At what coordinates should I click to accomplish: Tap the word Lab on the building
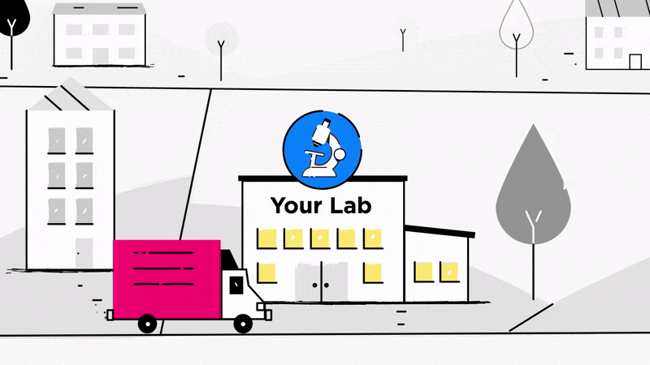coord(352,205)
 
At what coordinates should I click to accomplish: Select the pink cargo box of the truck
coord(166,278)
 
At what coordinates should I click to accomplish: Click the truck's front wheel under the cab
coord(243,324)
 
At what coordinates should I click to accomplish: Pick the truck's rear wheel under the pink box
coord(147,324)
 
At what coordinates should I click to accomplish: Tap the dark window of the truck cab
coord(236,285)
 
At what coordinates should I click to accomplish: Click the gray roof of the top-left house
coord(99,9)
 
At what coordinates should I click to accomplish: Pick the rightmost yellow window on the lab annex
coord(448,272)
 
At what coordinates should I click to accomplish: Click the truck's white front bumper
coord(264,311)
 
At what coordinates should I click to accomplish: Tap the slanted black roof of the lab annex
coord(440,231)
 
